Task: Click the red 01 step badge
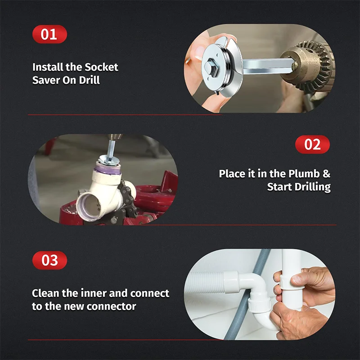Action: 49,35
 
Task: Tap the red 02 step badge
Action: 312,144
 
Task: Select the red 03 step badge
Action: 49,261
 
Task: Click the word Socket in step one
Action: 101,67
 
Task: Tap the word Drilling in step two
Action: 310,187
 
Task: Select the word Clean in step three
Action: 47,293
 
